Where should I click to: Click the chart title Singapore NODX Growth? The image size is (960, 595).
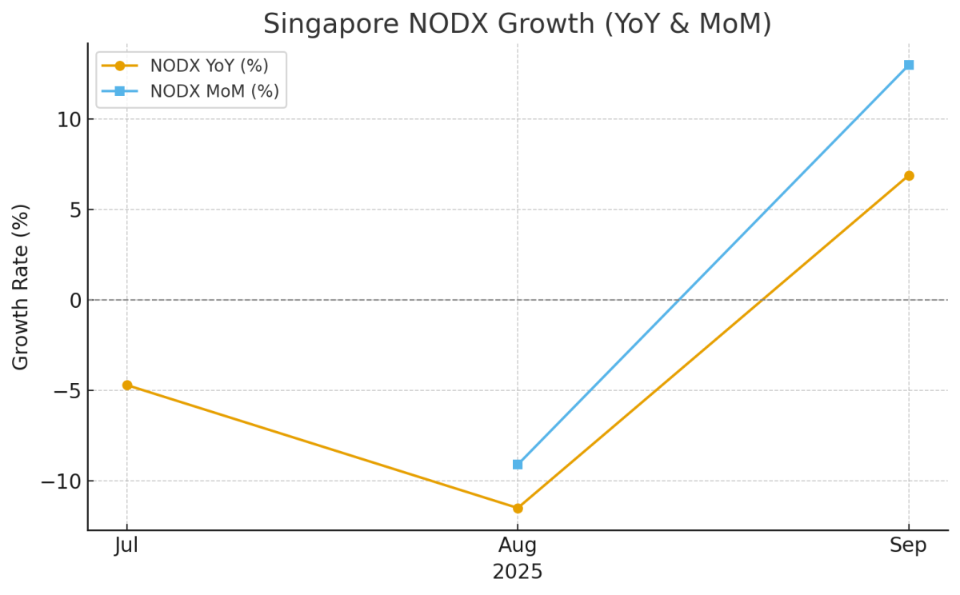pyautogui.click(x=517, y=24)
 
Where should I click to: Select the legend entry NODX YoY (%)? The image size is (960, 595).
pyautogui.click(x=209, y=66)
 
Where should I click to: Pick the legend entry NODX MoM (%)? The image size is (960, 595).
pyautogui.click(x=214, y=91)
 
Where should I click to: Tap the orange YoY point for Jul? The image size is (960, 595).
pyautogui.click(x=126, y=385)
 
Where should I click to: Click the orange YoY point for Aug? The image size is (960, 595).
pyautogui.click(x=518, y=508)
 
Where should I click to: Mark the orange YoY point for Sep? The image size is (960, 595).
pyautogui.click(x=909, y=176)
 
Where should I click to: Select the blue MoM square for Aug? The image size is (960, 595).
pyautogui.click(x=518, y=464)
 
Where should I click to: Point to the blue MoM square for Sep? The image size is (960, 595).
pyautogui.click(x=909, y=65)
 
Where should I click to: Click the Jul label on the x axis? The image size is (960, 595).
pyautogui.click(x=126, y=546)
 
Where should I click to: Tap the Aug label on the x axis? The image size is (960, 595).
pyautogui.click(x=518, y=546)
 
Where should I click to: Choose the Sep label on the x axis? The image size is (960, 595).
pyautogui.click(x=909, y=546)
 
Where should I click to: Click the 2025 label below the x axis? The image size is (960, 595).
pyautogui.click(x=518, y=573)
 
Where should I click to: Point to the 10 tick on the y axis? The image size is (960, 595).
pyautogui.click(x=68, y=119)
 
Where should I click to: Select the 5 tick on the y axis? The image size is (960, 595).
pyautogui.click(x=74, y=210)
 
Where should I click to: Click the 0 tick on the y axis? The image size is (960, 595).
pyautogui.click(x=74, y=300)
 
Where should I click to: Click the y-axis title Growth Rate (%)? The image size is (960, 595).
pyautogui.click(x=22, y=286)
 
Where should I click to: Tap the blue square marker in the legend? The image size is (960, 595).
pyautogui.click(x=120, y=91)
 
